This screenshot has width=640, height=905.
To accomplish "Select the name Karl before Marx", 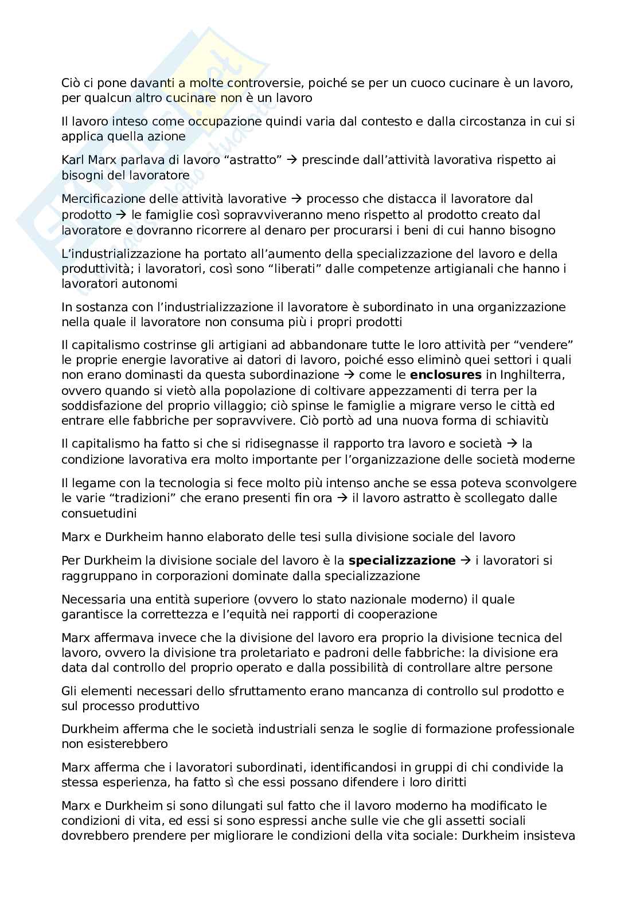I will click(x=73, y=160).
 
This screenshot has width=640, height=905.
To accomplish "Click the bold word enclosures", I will click(x=446, y=375).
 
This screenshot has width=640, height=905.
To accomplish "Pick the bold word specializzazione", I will click(x=402, y=561).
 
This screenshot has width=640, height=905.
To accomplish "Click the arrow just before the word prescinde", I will click(x=292, y=160).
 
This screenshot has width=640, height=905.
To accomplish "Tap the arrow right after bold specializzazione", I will click(x=465, y=561).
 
